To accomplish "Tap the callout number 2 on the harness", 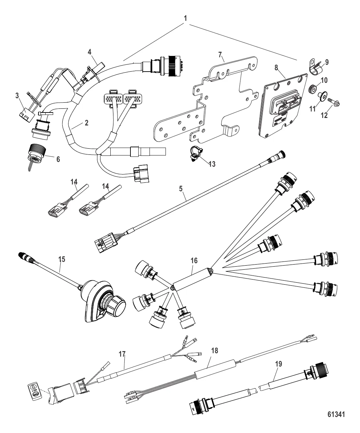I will (x=87, y=123).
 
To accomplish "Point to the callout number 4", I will (x=90, y=52).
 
